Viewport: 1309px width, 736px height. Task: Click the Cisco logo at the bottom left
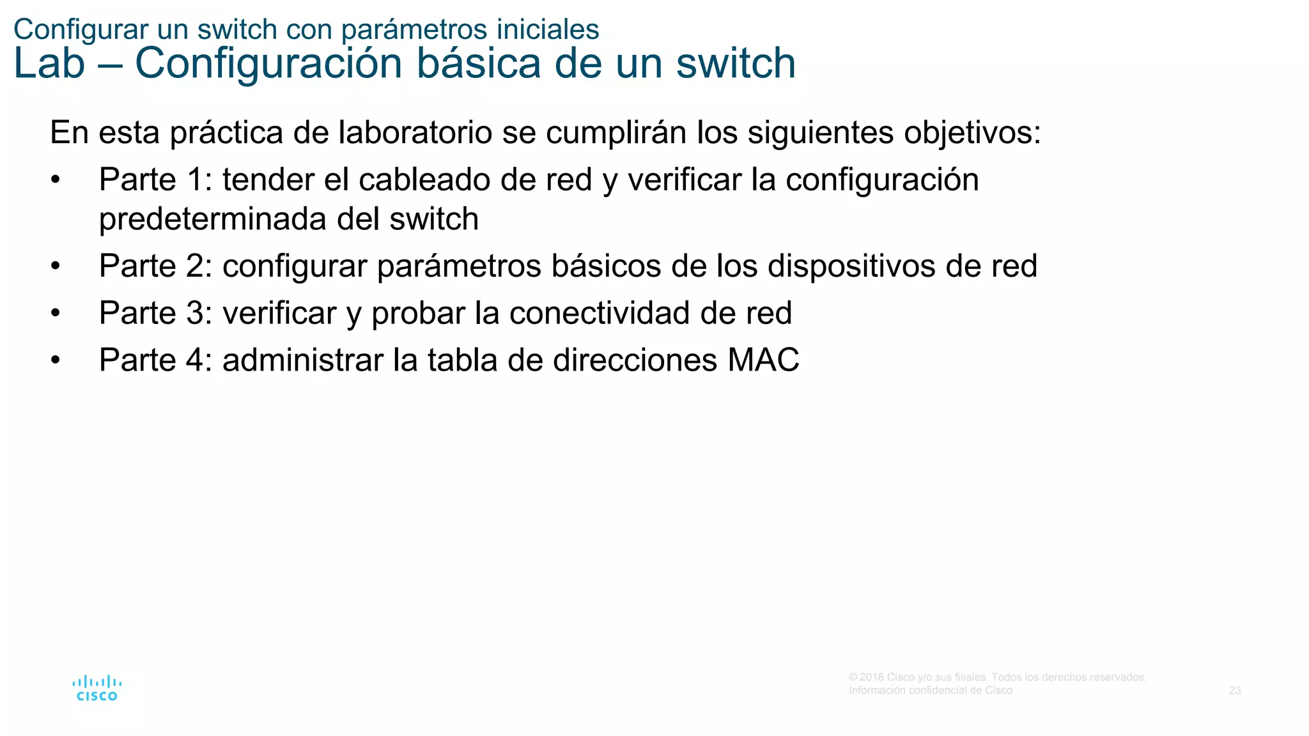tap(97, 688)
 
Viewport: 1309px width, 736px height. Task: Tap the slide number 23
tap(1234, 691)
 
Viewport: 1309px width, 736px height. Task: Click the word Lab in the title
tap(49, 64)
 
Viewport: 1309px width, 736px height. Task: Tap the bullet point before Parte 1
tap(56, 181)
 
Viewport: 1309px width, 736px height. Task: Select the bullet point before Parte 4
tap(56, 361)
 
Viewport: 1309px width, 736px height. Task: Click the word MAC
tap(763, 360)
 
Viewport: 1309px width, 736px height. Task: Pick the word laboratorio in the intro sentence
tap(415, 133)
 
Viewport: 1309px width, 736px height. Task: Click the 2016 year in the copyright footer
tap(872, 677)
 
